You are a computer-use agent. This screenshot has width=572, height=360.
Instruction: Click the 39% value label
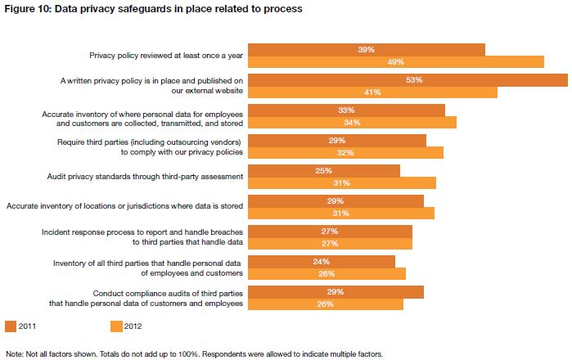(x=367, y=50)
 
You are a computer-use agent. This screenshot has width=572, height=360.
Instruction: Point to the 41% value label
(x=372, y=92)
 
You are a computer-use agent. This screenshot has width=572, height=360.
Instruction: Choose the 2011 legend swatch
(x=11, y=326)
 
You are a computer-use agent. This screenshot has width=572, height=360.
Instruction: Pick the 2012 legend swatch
(x=116, y=326)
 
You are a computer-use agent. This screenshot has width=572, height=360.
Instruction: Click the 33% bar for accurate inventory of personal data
(x=346, y=110)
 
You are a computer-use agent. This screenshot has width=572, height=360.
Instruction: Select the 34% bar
(x=352, y=123)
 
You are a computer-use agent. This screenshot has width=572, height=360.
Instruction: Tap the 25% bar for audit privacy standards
(x=323, y=171)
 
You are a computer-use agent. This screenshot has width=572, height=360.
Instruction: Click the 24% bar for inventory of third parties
(x=321, y=262)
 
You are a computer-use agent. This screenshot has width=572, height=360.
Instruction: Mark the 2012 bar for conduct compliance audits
(x=326, y=304)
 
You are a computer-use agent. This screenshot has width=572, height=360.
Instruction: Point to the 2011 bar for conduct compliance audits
(x=336, y=292)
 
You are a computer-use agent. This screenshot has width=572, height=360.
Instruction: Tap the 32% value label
(x=345, y=153)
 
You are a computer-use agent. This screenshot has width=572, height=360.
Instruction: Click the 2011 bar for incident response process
(x=330, y=232)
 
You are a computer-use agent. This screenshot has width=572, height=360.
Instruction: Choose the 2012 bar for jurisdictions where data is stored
(x=340, y=214)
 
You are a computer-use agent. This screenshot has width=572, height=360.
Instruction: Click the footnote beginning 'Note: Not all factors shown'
(x=193, y=354)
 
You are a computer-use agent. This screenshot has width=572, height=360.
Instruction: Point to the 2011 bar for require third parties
(x=336, y=141)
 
